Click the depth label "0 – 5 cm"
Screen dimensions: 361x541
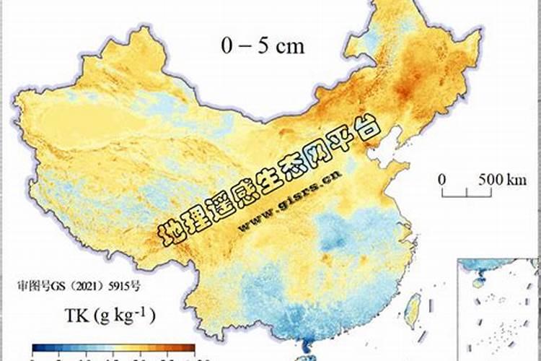click(263, 46)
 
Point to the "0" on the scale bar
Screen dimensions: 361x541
click(443, 179)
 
